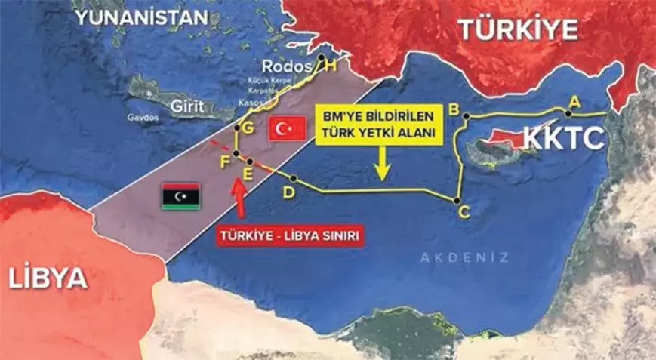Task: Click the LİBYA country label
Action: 48,278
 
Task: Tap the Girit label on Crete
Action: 185,106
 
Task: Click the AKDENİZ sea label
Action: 464,257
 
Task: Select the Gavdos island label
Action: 140,118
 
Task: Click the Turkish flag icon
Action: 287,128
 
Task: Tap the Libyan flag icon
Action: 180,195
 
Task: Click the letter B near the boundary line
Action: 454,108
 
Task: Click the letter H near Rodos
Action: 331,66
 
